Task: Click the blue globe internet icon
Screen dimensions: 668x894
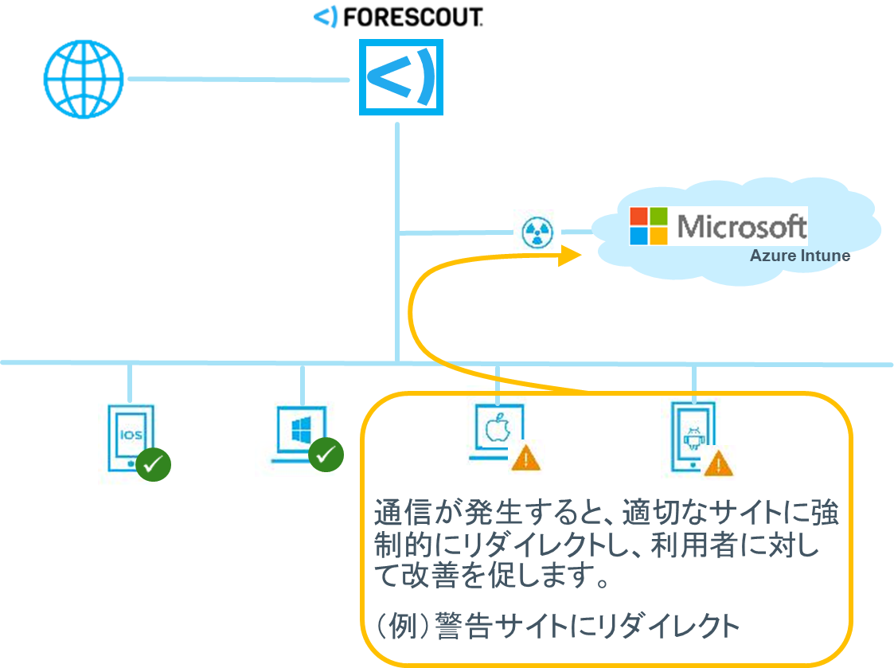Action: pos(84,79)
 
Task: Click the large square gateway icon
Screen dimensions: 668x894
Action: pos(400,77)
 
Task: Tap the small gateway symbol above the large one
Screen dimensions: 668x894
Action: pos(326,17)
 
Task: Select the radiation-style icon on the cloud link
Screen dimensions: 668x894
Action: pos(537,232)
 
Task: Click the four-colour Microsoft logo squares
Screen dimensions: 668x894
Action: pos(649,226)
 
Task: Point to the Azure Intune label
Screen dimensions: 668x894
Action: pos(799,256)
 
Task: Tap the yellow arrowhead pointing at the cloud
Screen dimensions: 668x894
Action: pos(570,256)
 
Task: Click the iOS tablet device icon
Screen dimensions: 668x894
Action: pos(130,434)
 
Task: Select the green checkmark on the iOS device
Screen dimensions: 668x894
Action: pos(153,466)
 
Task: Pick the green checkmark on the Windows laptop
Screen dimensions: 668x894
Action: pos(326,455)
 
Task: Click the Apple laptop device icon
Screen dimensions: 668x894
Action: pos(496,430)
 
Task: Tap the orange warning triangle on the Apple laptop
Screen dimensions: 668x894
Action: pos(525,459)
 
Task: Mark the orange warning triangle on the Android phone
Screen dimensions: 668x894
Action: pos(720,463)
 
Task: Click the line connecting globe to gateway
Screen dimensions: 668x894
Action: pos(239,79)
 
